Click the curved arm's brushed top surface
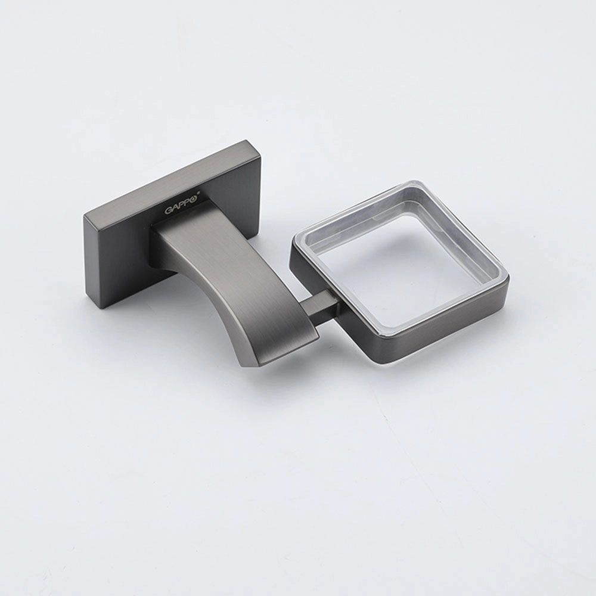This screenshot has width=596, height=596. [x=228, y=274]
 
